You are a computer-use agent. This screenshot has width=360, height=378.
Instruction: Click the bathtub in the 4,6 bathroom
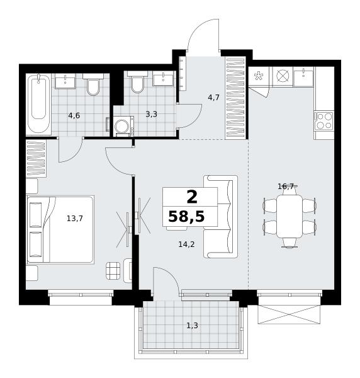click(x=38, y=104)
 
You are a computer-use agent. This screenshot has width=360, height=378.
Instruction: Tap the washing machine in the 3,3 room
click(x=123, y=126)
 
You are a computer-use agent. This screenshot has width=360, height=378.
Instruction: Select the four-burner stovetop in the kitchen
click(x=324, y=120)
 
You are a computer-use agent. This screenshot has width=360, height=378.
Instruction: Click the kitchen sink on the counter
click(x=303, y=77)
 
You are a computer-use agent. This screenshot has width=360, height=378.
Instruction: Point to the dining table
click(x=290, y=216)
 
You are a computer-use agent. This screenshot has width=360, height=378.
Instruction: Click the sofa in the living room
click(x=220, y=217)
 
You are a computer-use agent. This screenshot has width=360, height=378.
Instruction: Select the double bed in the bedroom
click(x=60, y=229)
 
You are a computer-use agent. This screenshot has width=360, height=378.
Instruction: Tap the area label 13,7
click(x=75, y=219)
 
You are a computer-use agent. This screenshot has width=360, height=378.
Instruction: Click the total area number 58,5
click(x=186, y=216)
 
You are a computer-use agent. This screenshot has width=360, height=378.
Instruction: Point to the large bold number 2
click(x=192, y=197)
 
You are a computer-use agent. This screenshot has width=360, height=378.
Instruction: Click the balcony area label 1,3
click(x=192, y=326)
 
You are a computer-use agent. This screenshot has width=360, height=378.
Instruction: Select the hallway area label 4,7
click(x=213, y=98)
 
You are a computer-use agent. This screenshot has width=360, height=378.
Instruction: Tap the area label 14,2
click(x=186, y=244)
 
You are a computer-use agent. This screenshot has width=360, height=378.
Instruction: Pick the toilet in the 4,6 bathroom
click(x=93, y=84)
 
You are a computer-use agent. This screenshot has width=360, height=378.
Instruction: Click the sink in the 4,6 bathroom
click(x=65, y=81)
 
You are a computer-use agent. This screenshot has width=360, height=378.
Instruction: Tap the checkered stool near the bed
click(x=113, y=270)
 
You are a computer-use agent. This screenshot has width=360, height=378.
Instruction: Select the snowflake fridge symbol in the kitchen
click(x=259, y=76)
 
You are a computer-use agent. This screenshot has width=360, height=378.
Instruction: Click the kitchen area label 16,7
click(x=286, y=186)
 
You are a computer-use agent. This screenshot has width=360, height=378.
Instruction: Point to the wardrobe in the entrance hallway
click(x=235, y=98)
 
